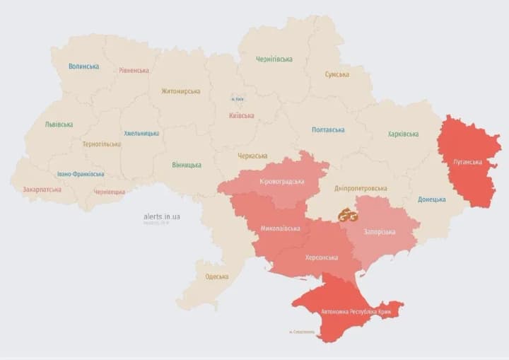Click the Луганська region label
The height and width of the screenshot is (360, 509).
[x=467, y=162]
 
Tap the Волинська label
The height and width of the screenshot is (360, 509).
[x=83, y=66]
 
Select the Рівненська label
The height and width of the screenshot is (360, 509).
[x=134, y=71]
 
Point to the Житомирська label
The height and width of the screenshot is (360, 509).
[x=180, y=91]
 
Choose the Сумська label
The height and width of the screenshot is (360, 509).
[x=337, y=74]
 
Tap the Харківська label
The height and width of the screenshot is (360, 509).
[x=403, y=134]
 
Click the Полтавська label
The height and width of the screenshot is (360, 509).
[x=328, y=130]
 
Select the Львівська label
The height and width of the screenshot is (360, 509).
[x=59, y=124]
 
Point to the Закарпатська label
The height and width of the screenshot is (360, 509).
[x=42, y=190]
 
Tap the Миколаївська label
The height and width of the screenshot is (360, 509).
[x=280, y=228]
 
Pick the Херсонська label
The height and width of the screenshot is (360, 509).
[x=321, y=257]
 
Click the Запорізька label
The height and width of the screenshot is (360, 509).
[x=380, y=232]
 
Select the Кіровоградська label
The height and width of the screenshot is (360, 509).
[x=281, y=181]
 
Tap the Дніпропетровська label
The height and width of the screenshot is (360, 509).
[x=361, y=189]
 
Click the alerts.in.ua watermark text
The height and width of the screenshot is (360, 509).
[x=161, y=216]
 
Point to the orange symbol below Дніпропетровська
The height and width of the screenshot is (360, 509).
[x=347, y=216]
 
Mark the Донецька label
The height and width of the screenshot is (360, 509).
[x=431, y=199]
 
